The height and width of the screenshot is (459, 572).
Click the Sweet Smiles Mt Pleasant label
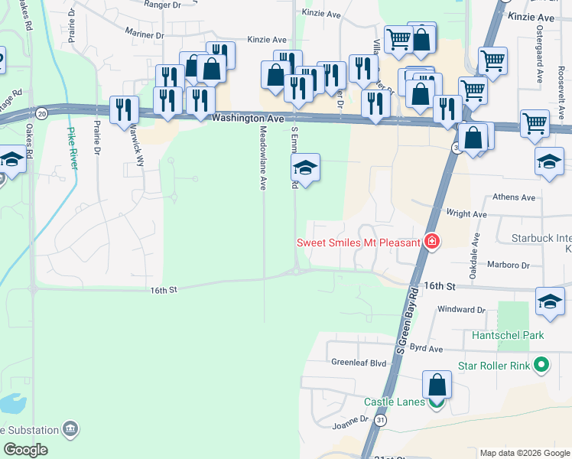coord(359,243)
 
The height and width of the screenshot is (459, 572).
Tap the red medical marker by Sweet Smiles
coord(432,242)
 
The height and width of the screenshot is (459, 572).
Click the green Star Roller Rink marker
coord(542,366)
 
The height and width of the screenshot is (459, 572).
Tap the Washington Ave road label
coord(248,119)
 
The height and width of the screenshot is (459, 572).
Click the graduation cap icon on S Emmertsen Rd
coord(305,168)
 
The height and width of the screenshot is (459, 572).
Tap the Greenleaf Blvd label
coord(359,362)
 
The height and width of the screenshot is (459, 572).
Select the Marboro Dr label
coord(509,265)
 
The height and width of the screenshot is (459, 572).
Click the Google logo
coord(25,450)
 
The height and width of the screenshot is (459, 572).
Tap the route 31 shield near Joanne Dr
coord(381,421)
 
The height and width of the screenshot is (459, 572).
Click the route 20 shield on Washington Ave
coord(41,112)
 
